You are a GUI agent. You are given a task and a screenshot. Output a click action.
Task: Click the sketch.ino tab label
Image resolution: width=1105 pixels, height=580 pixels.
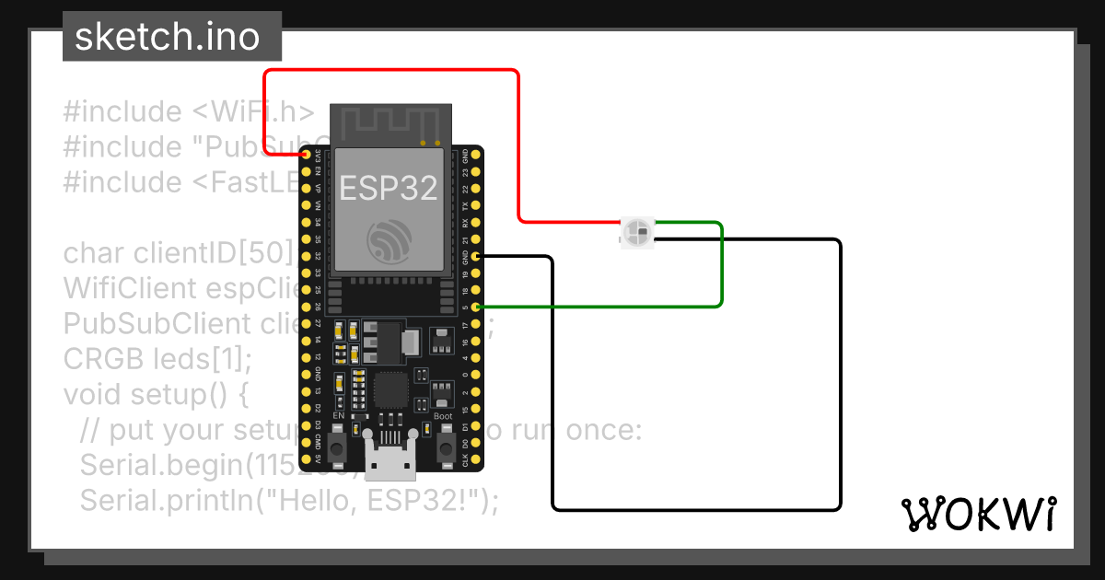[167, 37]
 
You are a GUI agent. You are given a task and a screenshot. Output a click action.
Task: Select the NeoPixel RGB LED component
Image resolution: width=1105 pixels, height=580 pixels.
[636, 232]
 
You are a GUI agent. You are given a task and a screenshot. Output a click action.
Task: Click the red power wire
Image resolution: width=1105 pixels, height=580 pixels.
[519, 138]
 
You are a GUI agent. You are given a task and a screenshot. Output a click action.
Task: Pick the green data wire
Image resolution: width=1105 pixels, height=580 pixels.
[722, 267]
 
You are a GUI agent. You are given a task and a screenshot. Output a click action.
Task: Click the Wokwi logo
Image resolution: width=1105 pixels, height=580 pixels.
[977, 515]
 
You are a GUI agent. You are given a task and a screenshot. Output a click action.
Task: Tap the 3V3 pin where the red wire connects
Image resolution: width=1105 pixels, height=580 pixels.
[306, 155]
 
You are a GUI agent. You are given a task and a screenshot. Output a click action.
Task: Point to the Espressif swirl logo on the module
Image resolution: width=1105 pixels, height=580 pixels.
[389, 241]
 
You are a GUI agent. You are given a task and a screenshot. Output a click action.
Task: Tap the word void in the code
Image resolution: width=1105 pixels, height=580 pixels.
[94, 394]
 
